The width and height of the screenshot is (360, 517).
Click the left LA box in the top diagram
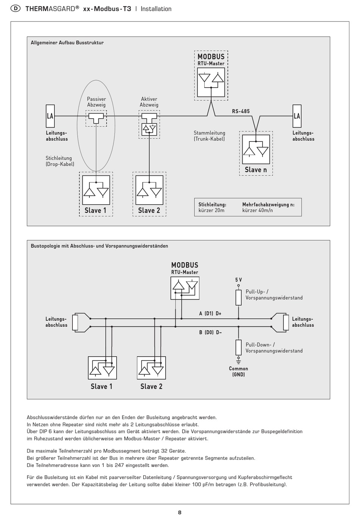[50, 116]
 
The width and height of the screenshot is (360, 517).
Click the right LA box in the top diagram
[297, 116]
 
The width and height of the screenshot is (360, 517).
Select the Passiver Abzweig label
[96, 102]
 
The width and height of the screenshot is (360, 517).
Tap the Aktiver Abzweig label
[149, 102]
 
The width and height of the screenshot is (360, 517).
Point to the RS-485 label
[241, 111]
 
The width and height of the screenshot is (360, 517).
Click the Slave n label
[256, 170]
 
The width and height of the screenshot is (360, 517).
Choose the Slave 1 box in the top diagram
[96, 190]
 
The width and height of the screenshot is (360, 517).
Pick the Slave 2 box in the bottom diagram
[151, 368]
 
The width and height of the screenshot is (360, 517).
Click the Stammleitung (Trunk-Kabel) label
[209, 136]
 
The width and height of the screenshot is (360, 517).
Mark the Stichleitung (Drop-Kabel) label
[60, 161]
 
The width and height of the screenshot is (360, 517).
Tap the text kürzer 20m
[211, 210]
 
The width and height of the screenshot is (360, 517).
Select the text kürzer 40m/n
[258, 210]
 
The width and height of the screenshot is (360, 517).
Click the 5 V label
[239, 280]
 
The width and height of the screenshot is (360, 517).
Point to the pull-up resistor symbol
[239, 298]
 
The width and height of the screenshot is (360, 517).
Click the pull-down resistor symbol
[239, 347]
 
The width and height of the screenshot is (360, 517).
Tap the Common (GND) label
[238, 371]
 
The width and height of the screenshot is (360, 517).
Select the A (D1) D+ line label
[210, 313]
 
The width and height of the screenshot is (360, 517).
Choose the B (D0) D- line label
[210, 332]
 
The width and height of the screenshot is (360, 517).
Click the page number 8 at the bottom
[180, 512]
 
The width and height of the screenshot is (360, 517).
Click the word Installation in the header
[156, 9]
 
